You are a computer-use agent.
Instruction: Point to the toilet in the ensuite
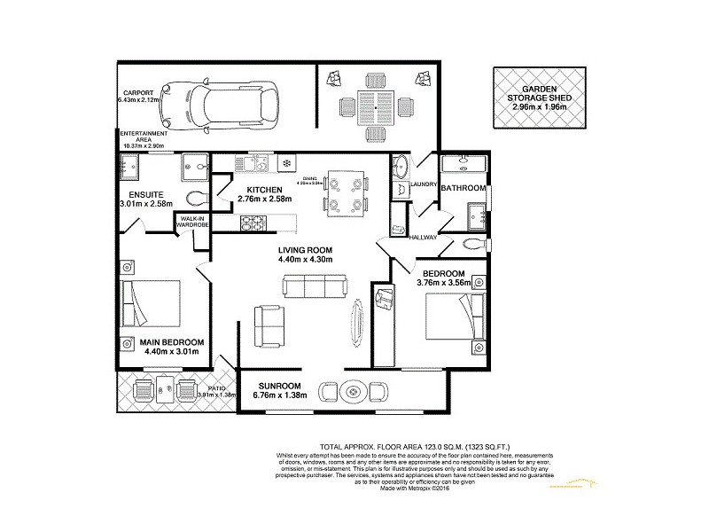195,196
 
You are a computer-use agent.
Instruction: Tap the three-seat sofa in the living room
314,286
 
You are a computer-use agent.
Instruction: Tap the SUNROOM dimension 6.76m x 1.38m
282,396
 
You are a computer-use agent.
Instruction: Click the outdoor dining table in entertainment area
376,105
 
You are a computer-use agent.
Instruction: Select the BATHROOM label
465,188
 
